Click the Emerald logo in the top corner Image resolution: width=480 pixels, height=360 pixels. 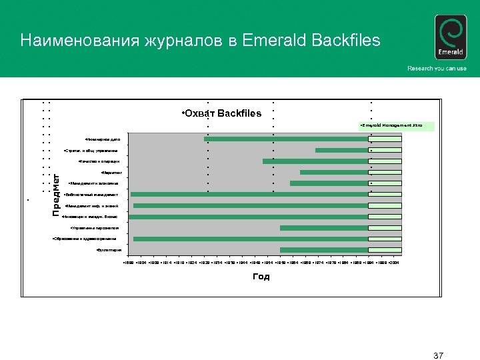(x=450, y=38)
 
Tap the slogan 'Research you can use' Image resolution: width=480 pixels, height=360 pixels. (x=437, y=69)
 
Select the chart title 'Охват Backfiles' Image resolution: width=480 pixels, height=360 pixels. (x=222, y=113)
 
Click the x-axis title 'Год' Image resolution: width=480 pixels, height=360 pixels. (x=261, y=277)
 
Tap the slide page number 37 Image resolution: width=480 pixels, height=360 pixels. (x=438, y=354)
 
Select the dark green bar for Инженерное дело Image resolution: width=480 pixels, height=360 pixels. (x=286, y=139)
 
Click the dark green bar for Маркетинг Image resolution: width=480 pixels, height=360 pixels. (x=334, y=173)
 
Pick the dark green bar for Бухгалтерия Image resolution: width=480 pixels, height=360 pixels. (x=324, y=250)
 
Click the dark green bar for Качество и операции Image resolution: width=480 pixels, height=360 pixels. (x=315, y=161)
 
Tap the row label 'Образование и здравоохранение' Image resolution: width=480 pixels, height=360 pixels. (x=84, y=239)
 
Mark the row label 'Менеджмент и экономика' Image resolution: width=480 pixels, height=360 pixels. (x=93, y=183)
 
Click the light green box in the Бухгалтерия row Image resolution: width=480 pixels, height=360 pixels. (x=385, y=250)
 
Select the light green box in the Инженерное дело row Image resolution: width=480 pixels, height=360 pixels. (x=385, y=139)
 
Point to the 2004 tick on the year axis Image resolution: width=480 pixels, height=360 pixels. (x=393, y=264)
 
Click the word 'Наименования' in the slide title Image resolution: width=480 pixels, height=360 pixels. (x=75, y=41)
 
